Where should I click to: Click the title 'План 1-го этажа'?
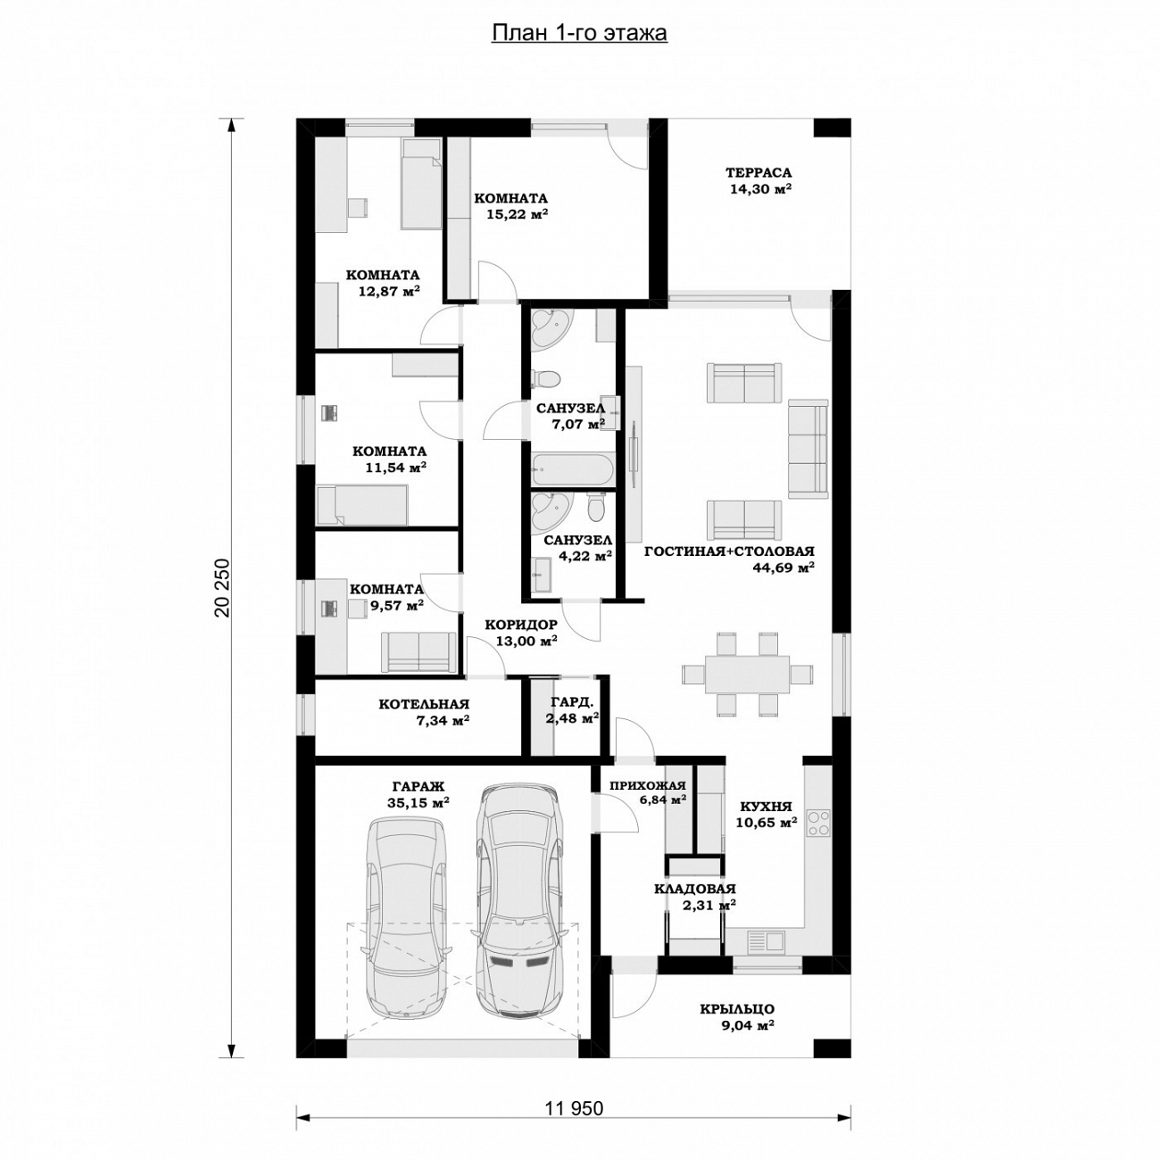coord(579,33)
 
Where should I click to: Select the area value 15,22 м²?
coord(518,214)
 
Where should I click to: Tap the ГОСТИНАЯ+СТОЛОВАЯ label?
coord(729,551)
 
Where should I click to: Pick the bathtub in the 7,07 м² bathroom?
coord(573,469)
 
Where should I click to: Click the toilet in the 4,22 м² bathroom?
coord(595,508)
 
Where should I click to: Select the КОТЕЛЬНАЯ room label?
coord(424,704)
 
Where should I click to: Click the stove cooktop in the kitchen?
coord(818,824)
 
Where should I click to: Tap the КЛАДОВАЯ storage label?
coord(695,889)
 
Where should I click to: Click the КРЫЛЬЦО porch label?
coord(737,1009)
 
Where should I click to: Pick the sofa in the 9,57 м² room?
coord(419,651)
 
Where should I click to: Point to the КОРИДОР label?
coord(521,624)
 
